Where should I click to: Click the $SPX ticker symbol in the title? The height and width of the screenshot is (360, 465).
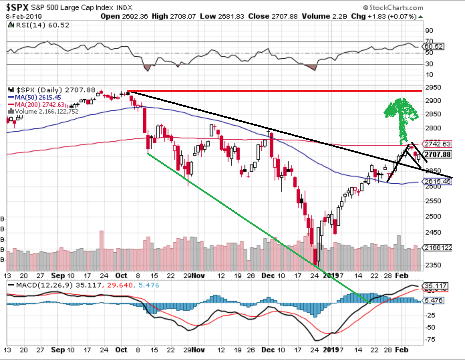[17, 7]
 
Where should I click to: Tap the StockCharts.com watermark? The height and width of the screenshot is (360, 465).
[393, 7]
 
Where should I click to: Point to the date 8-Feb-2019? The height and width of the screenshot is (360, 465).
[24, 16]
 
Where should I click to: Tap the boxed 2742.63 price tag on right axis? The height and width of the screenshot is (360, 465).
[437, 144]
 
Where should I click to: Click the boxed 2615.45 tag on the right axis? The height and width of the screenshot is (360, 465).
[437, 182]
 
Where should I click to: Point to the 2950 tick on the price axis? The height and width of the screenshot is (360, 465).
[433, 88]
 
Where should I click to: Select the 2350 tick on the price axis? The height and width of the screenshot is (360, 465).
[433, 265]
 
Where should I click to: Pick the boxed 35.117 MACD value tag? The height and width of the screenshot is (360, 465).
[436, 286]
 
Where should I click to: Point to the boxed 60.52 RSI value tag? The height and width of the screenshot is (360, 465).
[434, 46]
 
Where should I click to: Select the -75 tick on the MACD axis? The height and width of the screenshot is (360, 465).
[431, 339]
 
